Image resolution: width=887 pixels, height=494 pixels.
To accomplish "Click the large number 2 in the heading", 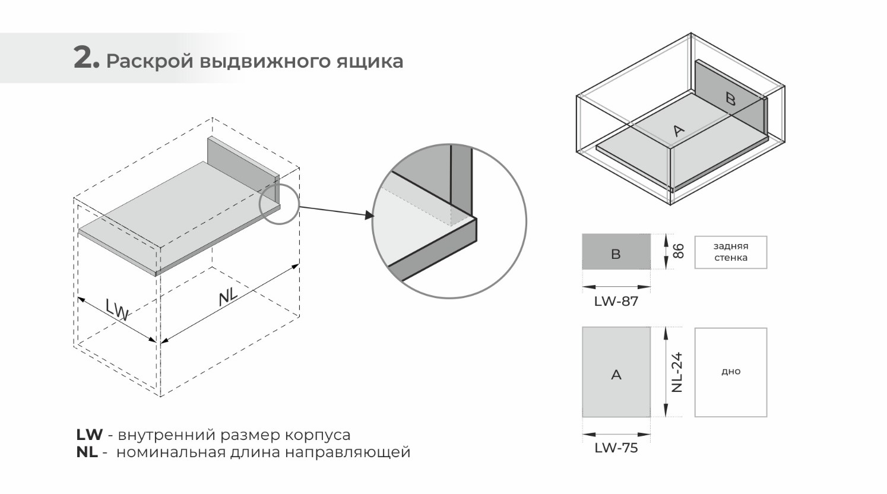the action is (84, 58).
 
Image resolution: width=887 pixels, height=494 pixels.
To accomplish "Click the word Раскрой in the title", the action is (149, 62).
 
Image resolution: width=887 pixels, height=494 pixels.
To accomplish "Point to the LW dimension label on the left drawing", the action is (118, 309).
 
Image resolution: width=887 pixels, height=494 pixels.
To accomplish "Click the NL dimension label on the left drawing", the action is (228, 296).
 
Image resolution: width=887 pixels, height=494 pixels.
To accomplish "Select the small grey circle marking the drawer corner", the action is (279, 204).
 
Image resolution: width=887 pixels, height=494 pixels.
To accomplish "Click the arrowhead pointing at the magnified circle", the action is (369, 215).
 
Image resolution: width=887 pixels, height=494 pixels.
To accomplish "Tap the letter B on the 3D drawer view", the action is (731, 99).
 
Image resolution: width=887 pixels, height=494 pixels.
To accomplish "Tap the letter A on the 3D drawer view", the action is (679, 130).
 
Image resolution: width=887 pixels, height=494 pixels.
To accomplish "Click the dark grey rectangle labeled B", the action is (616, 252).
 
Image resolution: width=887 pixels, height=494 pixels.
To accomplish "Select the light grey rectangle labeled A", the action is (616, 372).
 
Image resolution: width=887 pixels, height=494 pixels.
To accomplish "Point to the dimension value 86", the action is (679, 251).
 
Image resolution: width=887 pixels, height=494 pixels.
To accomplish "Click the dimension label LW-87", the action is (616, 302).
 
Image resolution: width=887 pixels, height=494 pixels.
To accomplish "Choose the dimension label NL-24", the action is (677, 372).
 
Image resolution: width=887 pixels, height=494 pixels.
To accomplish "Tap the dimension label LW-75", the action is (616, 448).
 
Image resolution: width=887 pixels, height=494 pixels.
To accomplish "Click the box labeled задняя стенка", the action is (731, 252).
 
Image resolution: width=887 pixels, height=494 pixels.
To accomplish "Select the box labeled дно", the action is (731, 372).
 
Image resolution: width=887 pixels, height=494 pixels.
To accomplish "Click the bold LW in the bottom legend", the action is (90, 435).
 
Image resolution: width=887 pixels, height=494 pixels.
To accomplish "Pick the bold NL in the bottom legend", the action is (87, 452).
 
